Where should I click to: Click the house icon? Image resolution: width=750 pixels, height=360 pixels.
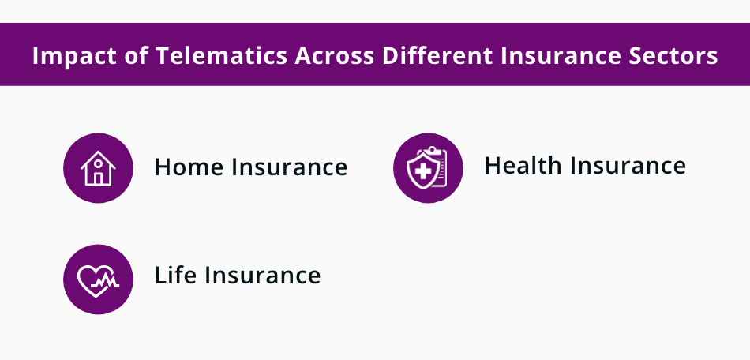point(98,168)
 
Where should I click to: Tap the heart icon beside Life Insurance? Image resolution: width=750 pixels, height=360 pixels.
point(98,279)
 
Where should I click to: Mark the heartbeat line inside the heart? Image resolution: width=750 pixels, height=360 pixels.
point(101,279)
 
